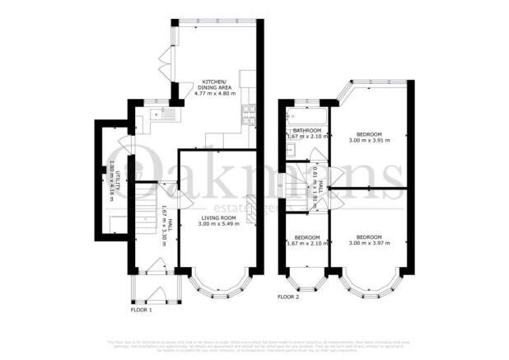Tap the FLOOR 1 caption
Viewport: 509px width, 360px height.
[x=142, y=311]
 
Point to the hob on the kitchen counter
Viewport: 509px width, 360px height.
[x=249, y=115]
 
